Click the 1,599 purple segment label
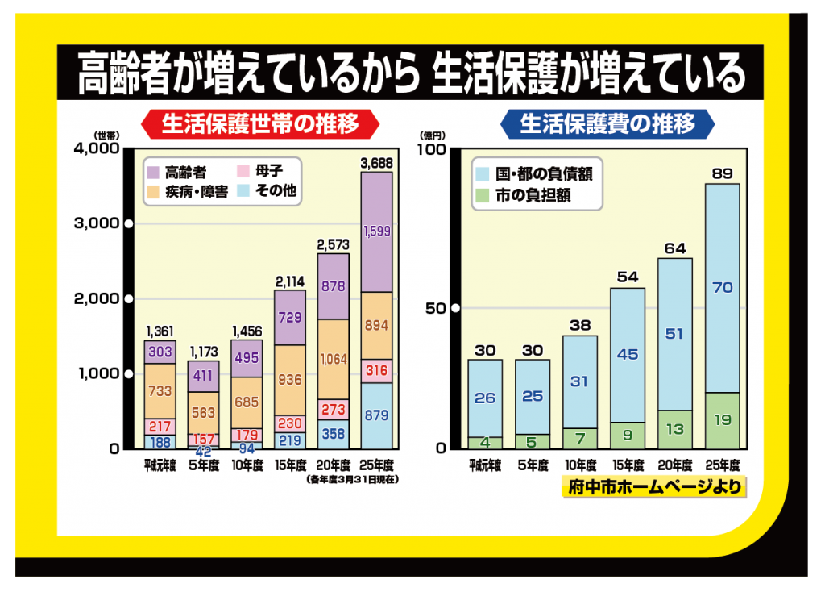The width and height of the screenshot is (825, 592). (377, 231)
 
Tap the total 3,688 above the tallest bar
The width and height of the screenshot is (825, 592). (377, 163)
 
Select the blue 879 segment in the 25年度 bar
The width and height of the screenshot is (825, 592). (377, 416)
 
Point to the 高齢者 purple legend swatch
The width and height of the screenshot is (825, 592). (152, 172)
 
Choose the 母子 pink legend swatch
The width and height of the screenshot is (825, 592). (242, 172)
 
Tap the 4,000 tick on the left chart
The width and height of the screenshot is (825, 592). (96, 148)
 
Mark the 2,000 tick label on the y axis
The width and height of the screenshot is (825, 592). (96, 298)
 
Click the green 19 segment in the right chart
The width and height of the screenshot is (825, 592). (723, 420)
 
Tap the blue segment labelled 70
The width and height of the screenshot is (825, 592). (723, 287)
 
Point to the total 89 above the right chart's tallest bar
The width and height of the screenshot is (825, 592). (723, 173)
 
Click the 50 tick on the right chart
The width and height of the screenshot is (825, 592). (442, 308)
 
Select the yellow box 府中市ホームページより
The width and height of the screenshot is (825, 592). (653, 487)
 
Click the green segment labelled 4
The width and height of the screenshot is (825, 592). (486, 442)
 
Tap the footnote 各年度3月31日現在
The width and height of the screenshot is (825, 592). (353, 479)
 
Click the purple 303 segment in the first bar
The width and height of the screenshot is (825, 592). (160, 352)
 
